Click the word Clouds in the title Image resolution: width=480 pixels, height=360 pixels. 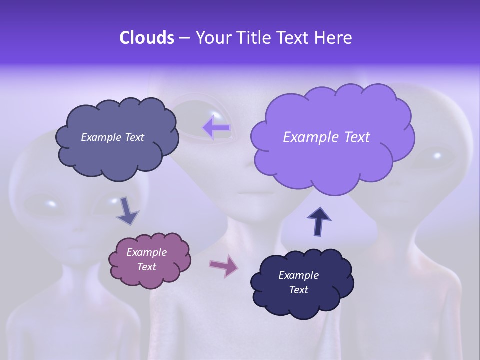[x=147, y=38]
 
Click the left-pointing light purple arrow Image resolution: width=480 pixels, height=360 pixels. [x=216, y=128]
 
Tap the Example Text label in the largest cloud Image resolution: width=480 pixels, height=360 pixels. [x=326, y=137]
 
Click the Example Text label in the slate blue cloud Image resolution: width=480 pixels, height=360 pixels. [x=112, y=137]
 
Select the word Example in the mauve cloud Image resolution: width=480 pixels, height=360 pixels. [x=147, y=252]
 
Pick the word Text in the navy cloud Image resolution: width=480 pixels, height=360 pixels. [x=299, y=290]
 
